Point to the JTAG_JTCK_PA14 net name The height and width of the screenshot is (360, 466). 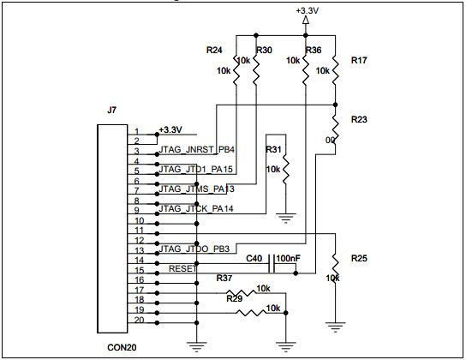tap(196, 209)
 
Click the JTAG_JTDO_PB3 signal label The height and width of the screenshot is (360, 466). tap(194, 249)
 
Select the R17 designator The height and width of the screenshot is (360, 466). tap(359, 61)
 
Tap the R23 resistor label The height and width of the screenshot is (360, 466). tap(359, 120)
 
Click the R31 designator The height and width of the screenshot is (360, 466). tap(274, 150)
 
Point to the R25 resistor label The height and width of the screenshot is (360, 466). tap(359, 258)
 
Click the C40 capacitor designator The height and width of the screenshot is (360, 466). tap(254, 257)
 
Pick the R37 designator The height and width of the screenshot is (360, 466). tap(224, 279)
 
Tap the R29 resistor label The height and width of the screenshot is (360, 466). tap(234, 297)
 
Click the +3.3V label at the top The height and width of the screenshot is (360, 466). tap(306, 10)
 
